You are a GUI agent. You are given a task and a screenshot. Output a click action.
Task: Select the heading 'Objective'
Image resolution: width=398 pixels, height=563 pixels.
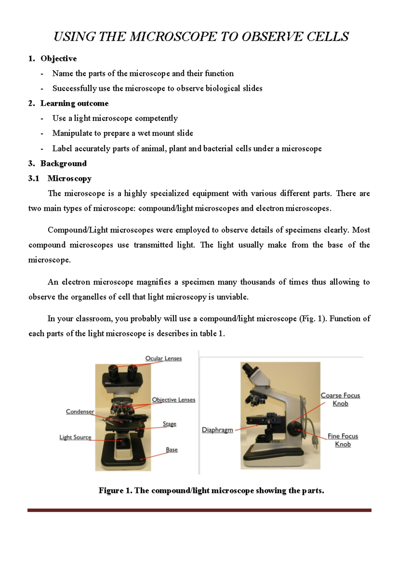pyautogui.click(x=58, y=59)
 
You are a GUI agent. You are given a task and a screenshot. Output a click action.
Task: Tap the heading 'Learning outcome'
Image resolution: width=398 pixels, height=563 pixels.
pyautogui.click(x=74, y=103)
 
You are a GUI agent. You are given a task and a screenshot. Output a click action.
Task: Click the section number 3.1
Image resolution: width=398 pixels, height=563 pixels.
pyautogui.click(x=33, y=178)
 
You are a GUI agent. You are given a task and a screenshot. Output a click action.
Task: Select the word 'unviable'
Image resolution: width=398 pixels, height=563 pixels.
pyautogui.click(x=232, y=297)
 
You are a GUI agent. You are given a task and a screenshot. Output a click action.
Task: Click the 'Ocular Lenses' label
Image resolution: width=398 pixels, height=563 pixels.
pyautogui.click(x=164, y=358)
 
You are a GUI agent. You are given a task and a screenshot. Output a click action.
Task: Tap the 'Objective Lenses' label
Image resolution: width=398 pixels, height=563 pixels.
pyautogui.click(x=173, y=400)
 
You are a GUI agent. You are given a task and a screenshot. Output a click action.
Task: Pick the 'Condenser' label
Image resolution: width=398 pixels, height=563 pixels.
pyautogui.click(x=80, y=411)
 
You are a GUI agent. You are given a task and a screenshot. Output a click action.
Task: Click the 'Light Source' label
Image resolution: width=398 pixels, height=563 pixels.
pyautogui.click(x=75, y=437)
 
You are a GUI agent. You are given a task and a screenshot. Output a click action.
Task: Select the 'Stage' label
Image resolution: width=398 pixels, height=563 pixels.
pyautogui.click(x=169, y=424)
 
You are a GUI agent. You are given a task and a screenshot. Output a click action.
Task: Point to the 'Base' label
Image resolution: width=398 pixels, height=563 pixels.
pyautogui.click(x=171, y=450)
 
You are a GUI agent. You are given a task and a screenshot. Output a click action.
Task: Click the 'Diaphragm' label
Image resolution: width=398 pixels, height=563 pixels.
pyautogui.click(x=217, y=430)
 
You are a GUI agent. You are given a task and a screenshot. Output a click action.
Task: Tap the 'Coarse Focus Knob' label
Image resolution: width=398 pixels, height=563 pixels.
pyautogui.click(x=340, y=399)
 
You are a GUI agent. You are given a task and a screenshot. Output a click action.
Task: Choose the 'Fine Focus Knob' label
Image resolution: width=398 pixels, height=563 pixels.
pyautogui.click(x=343, y=440)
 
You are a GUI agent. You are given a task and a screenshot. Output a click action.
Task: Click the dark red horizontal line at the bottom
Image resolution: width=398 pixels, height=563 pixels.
pyautogui.click(x=199, y=510)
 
